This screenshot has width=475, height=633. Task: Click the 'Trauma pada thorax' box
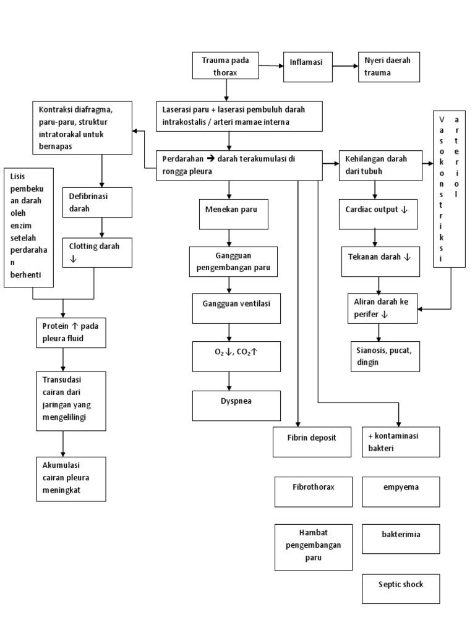coord(227,67)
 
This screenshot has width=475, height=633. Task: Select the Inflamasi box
coord(307,62)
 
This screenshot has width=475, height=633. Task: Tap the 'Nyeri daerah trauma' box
coord(389,67)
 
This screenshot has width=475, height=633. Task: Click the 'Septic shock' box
coord(401,588)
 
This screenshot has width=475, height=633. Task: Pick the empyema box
coord(401,491)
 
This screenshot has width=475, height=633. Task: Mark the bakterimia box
coord(401,538)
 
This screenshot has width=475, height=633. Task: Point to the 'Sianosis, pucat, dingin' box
coord(384,356)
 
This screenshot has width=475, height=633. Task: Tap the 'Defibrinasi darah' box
coord(96,202)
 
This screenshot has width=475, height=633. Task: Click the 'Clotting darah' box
coord(96,252)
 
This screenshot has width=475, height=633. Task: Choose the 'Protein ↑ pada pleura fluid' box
coord(71,332)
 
